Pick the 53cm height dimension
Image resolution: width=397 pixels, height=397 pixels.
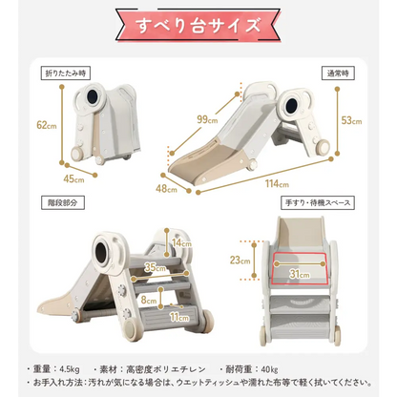click(x=352, y=120)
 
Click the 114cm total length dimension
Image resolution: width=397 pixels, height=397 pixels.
click(x=278, y=183)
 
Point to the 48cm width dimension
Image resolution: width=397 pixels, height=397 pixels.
click(x=166, y=189)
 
